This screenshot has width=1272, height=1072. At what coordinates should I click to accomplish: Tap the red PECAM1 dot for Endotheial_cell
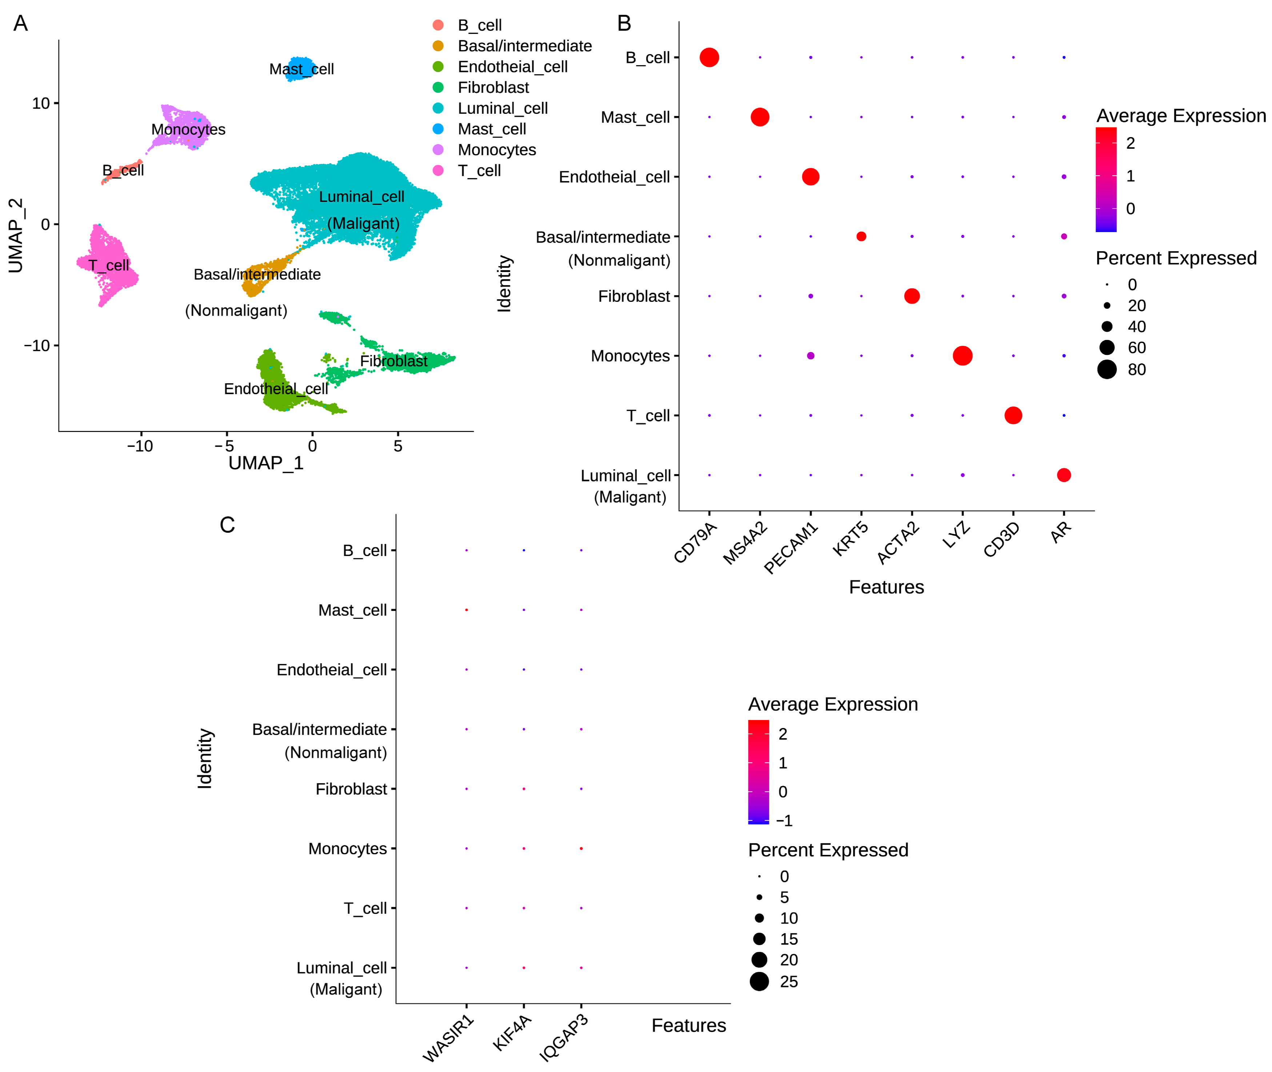point(810,177)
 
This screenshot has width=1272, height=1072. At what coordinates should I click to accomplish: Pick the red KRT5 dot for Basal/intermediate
point(861,236)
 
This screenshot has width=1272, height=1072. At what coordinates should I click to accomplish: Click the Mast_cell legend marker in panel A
point(437,129)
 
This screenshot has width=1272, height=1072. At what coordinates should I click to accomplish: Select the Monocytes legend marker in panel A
point(437,149)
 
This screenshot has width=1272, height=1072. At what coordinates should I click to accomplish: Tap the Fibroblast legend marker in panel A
point(437,88)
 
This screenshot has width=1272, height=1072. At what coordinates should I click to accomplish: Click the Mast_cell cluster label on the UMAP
point(301,69)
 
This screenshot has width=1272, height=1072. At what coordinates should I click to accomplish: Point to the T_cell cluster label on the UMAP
point(109,265)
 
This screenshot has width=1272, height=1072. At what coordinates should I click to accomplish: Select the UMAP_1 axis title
point(265,463)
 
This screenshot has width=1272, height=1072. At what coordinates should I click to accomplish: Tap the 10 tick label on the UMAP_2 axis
point(41,103)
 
